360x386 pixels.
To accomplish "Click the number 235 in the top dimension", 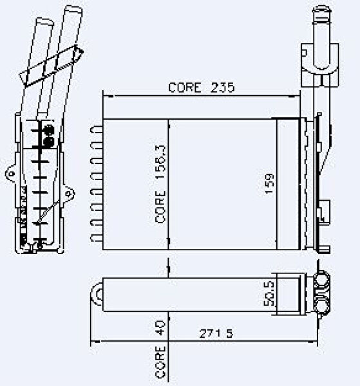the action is (x=222, y=87).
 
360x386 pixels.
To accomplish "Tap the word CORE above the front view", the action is (x=185, y=87).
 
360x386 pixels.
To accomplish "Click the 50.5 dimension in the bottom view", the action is (x=269, y=294).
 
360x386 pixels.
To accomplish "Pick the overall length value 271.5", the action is (x=216, y=333).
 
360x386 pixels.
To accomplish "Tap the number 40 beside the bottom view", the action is (x=160, y=327).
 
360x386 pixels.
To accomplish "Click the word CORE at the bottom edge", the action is (x=160, y=362).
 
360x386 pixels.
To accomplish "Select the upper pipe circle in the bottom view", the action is (x=322, y=280).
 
